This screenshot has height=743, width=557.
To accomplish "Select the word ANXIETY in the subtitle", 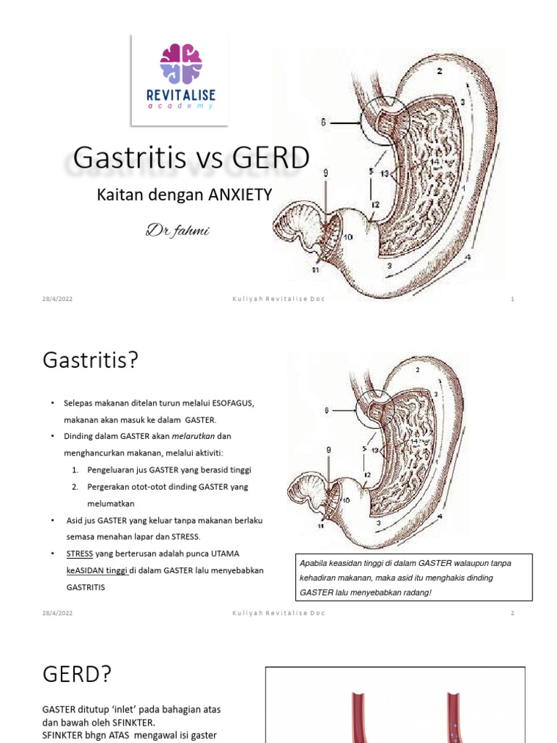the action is tap(240, 194).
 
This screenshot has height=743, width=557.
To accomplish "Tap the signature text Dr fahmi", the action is tap(178, 231).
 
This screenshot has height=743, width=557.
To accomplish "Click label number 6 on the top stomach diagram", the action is tap(323, 123).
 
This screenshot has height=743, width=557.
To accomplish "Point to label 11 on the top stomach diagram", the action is tap(315, 270).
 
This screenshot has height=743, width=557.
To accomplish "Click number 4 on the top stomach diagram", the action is tap(468, 257).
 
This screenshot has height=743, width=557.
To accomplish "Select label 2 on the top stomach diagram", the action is tap(440, 71).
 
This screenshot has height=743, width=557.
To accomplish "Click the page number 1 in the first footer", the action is tap(512, 300).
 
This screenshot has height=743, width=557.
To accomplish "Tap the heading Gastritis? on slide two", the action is tap(90, 359).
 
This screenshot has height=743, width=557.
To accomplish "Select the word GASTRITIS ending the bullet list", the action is tap(86, 587).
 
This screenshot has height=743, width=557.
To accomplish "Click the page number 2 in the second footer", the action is tap(512, 613).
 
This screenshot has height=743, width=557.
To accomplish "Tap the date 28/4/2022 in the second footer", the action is tap(57, 613).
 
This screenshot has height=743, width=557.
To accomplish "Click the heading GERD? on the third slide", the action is tap(77, 675).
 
